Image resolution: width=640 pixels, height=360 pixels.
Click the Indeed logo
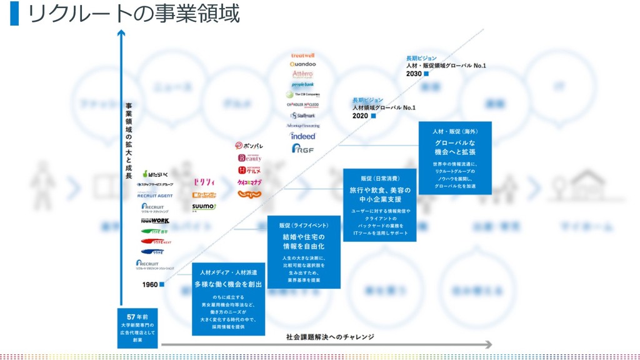click(x=303, y=136)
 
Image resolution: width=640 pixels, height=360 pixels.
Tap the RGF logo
click(x=303, y=149)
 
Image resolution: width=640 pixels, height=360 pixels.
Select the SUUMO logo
click(x=204, y=206)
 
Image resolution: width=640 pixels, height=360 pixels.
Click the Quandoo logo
click(x=303, y=64)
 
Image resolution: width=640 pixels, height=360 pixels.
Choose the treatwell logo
click(x=303, y=56)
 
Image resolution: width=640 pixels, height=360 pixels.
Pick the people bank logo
click(x=303, y=84)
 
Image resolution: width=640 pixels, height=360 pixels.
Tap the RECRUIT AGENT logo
click(x=155, y=196)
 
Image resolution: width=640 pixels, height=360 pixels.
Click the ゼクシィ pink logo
click(x=204, y=182)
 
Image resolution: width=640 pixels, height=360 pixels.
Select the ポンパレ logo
click(x=249, y=146)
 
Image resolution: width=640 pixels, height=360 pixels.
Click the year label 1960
click(x=150, y=285)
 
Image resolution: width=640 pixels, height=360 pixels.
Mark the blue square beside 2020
click(x=373, y=116)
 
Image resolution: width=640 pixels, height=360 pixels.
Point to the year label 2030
click(x=414, y=74)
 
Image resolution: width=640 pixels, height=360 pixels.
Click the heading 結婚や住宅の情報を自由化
click(x=304, y=241)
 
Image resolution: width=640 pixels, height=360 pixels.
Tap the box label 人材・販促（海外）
click(x=454, y=132)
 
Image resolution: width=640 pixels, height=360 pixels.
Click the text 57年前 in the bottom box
click(x=137, y=316)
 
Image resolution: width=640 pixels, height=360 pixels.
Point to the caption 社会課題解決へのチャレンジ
click(x=330, y=337)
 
